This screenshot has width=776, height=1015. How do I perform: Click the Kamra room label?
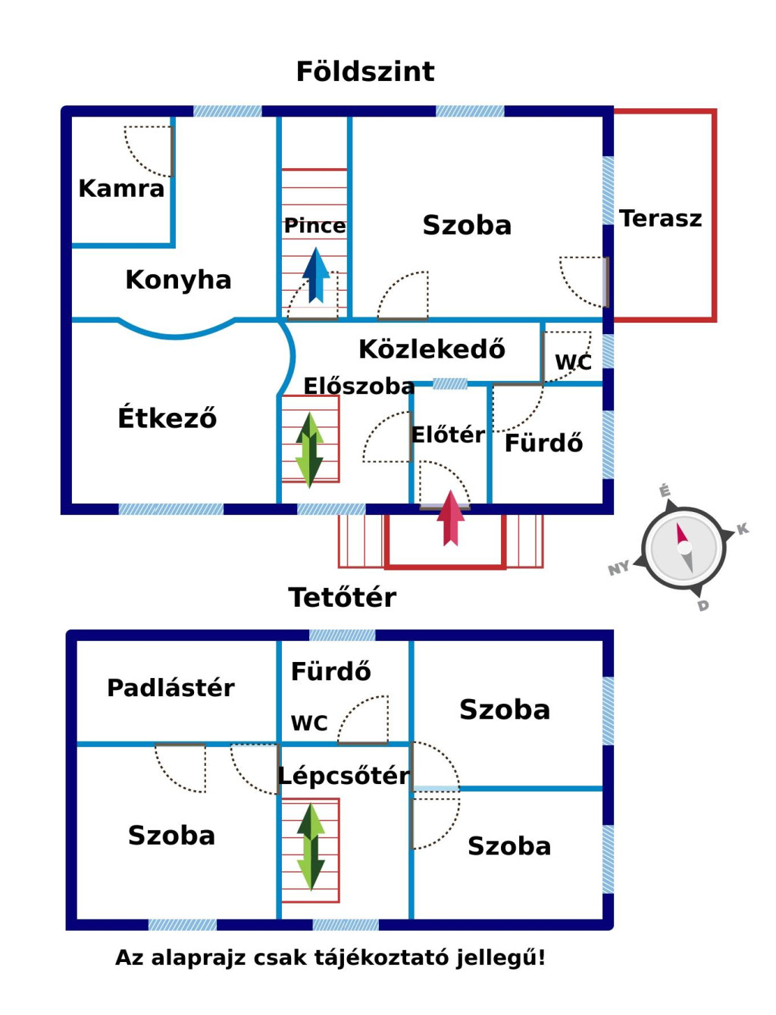121,188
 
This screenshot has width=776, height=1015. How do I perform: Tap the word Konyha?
178,280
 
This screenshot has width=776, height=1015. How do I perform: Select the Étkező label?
167,417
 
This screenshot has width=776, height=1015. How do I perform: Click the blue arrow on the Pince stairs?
316,274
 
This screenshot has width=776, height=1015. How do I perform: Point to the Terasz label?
660,218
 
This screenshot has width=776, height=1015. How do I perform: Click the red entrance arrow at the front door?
451,518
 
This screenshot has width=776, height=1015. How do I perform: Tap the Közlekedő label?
431,349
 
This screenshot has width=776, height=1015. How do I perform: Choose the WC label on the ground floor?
573,362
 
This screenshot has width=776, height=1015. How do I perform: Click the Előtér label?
448,435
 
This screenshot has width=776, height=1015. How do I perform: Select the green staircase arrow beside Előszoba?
309,448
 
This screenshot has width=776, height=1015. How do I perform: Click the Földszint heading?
365,72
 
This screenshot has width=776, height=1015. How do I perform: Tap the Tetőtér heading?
342,598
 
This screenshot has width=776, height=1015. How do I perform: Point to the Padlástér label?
171,688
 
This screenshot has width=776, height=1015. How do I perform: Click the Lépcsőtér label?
344,776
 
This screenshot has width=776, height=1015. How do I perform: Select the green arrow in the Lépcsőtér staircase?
311,846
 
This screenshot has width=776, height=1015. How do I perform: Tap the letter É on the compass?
665,491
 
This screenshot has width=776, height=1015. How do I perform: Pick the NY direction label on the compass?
618,568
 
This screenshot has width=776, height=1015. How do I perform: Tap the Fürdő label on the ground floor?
543,443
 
